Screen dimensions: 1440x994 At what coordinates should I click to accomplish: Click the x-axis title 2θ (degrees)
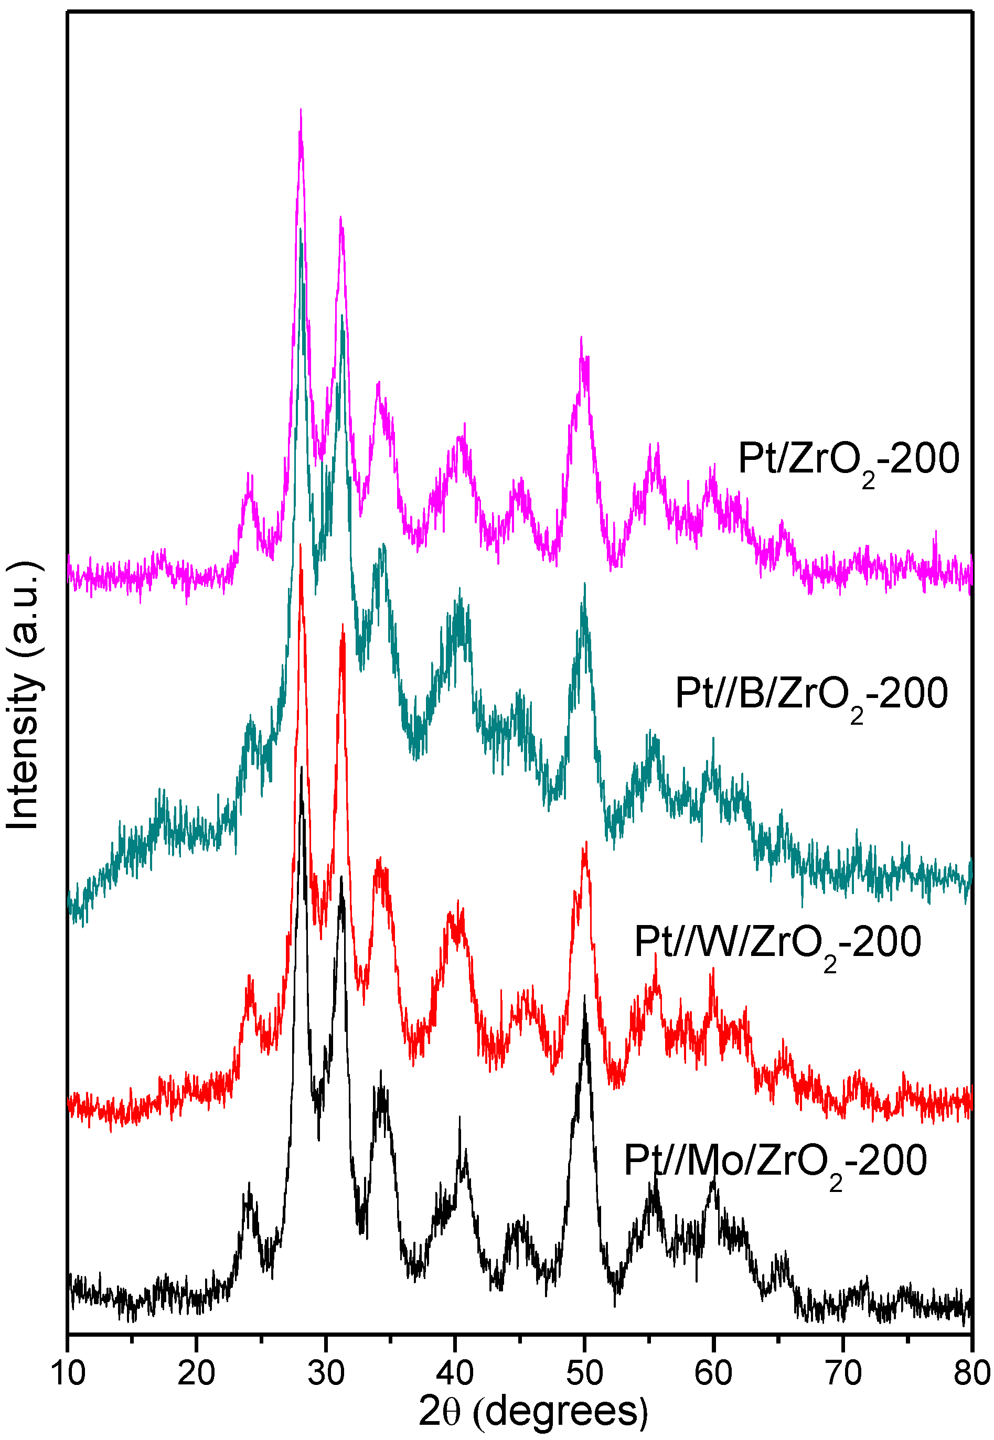coord(533,1411)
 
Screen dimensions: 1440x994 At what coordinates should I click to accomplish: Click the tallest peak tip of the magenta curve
coord(301,110)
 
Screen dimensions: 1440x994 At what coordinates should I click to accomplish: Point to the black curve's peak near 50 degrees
coord(584,996)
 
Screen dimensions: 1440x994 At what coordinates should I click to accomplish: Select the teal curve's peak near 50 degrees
coord(584,584)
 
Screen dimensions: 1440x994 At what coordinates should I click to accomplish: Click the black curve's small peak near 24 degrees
coord(249,1183)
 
